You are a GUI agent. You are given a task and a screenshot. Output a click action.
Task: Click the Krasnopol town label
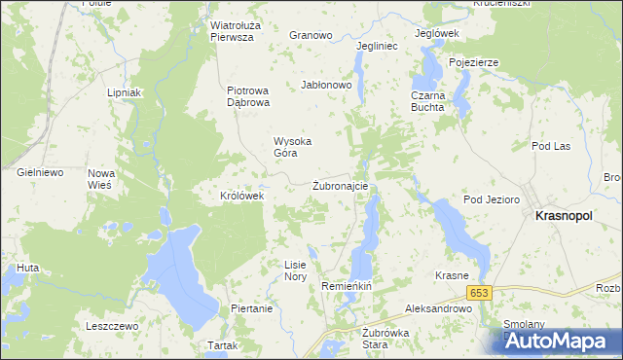pos(570,218)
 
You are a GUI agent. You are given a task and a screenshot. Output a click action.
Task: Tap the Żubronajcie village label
pos(340,186)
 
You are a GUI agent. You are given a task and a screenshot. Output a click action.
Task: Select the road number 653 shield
pos(478,293)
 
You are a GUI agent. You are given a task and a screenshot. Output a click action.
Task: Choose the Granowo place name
pos(311,35)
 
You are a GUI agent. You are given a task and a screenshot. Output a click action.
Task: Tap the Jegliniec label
pos(378,46)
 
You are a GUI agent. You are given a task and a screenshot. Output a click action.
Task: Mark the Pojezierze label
pos(474,62)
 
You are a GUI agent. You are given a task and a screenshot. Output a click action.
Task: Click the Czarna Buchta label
pos(427,102)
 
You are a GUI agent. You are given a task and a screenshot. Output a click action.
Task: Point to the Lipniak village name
pos(126,93)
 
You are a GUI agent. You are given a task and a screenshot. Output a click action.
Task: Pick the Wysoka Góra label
pos(292,147)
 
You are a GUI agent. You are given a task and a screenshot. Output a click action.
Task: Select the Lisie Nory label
pos(295,270)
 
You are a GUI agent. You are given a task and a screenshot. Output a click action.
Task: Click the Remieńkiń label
pos(348,287)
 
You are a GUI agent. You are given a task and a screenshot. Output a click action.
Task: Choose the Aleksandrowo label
pos(438,307)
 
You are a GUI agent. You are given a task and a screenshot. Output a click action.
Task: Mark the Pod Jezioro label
pos(487,199)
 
